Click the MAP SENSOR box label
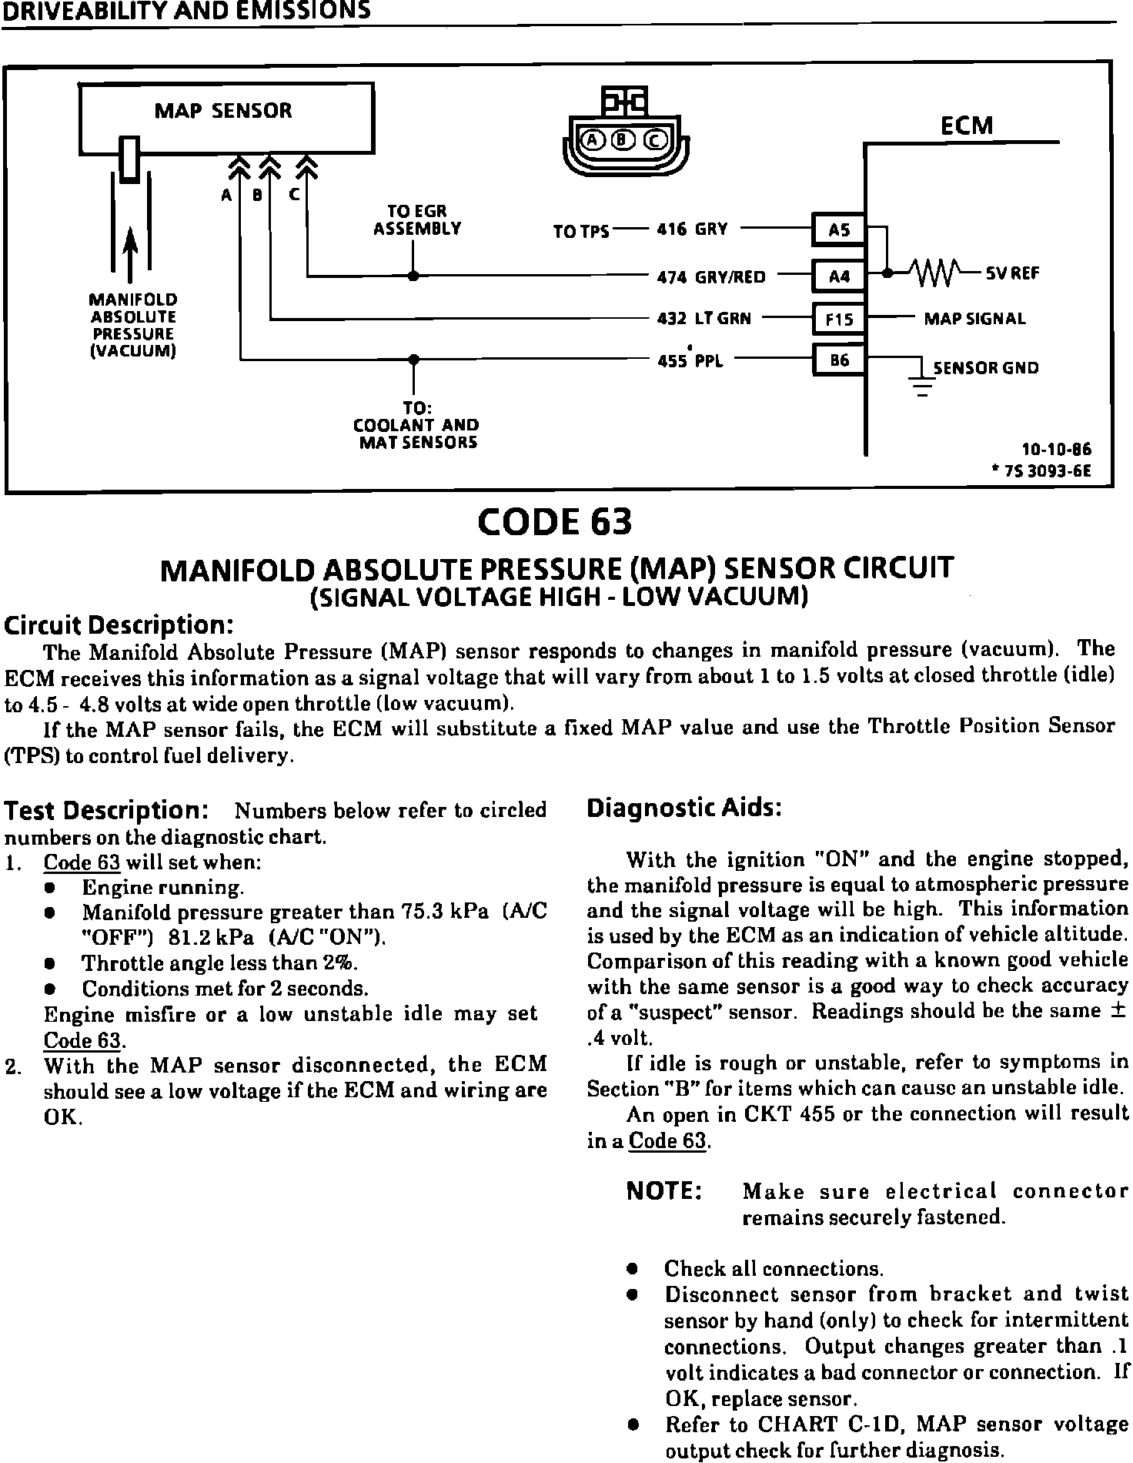223,111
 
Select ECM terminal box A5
839,229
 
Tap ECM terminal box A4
839,275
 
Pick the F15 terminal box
839,318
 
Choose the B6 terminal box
839,360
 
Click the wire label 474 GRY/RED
711,276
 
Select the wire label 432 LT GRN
704,318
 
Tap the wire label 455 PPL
690,360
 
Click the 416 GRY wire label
692,229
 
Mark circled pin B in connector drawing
623,139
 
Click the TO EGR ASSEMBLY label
416,219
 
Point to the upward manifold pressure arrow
131,253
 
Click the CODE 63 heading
555,521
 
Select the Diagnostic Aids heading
684,808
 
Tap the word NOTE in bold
663,1191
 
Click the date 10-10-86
1056,450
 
